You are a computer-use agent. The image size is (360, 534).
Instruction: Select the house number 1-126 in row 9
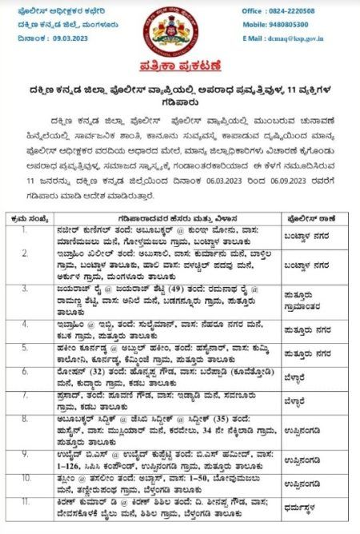pos(66,464)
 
